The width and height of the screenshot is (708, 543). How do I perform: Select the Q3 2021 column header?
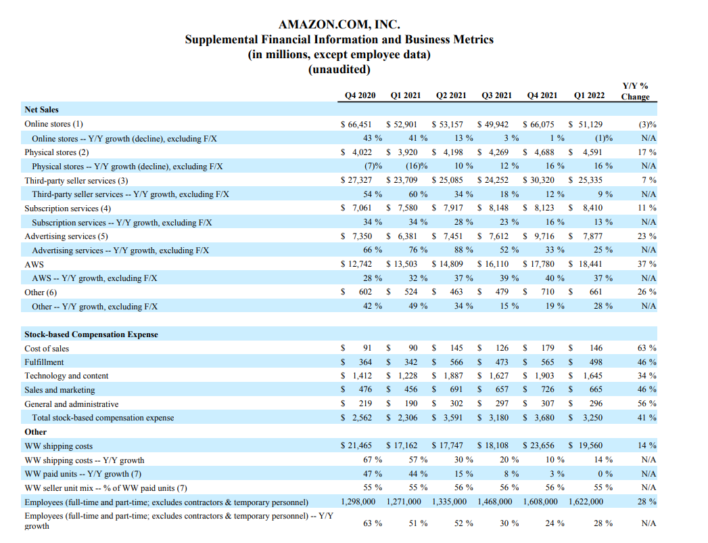[x=496, y=95]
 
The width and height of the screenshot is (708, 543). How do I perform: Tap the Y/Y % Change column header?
[x=635, y=91]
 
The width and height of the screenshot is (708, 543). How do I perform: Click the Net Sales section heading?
[x=41, y=110]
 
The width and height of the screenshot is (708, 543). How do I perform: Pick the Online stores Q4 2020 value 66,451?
[x=360, y=124]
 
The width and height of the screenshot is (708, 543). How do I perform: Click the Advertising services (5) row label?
[x=66, y=236]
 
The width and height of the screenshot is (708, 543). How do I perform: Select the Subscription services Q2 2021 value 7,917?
[x=452, y=208]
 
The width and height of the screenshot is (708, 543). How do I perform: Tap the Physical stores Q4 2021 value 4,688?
[x=545, y=152]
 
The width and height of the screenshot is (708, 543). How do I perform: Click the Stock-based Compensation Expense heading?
[x=91, y=334]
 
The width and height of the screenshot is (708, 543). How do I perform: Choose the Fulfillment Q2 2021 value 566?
[x=456, y=362]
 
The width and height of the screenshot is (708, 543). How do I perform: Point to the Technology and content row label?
[x=66, y=376]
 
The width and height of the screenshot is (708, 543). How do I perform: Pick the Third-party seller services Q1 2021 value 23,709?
[x=405, y=180]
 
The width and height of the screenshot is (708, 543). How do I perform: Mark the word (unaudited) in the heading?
[x=339, y=69]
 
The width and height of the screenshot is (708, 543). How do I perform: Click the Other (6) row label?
[x=41, y=292]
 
